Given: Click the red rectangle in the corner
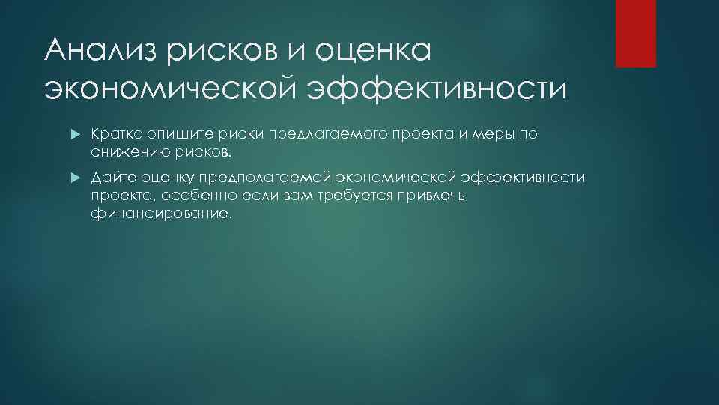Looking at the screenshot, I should [635, 33].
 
